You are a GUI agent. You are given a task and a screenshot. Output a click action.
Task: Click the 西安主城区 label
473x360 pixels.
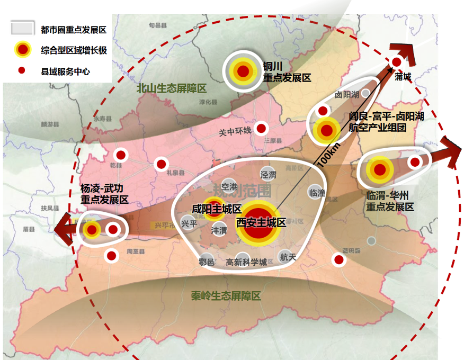(x=261, y=222)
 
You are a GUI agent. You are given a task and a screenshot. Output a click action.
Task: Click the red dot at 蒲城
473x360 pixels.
(x=396, y=62)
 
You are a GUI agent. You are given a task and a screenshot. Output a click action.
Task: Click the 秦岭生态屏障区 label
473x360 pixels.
(x=227, y=296)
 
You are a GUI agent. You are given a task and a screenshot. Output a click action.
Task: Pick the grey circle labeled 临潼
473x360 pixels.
(x=317, y=192)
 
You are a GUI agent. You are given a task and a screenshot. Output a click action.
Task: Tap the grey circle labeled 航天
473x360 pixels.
(x=287, y=257)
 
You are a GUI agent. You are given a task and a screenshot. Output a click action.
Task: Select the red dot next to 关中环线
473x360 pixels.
(x=262, y=128)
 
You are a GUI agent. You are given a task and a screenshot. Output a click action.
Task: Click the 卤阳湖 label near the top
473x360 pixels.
(x=347, y=95)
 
